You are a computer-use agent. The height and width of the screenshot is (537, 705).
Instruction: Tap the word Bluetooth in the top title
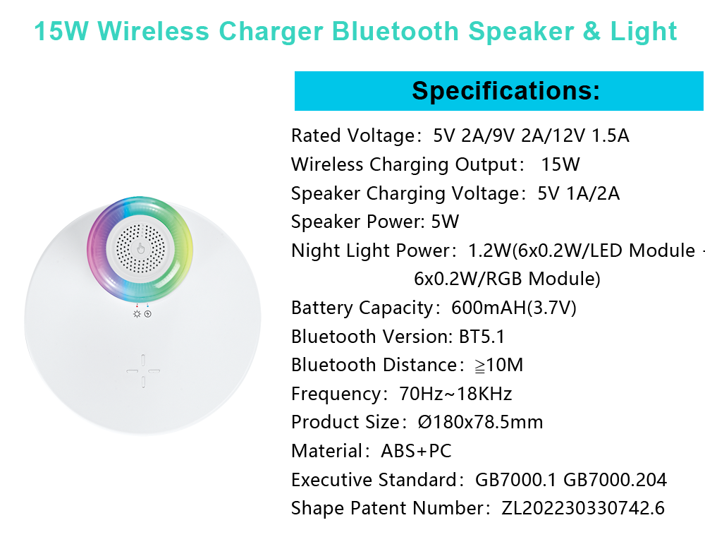pos(396,32)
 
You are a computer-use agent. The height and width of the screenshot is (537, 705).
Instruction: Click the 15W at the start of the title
pos(61,32)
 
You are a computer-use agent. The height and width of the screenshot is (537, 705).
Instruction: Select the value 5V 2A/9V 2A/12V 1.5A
pos(531,135)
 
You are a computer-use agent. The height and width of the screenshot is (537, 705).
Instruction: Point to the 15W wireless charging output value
pos(560,164)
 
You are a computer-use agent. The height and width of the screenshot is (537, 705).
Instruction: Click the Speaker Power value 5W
pos(445,222)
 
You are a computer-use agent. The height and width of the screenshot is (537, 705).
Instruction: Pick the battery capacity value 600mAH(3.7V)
pos(513,308)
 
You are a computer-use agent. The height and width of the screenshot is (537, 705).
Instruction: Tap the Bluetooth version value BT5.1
pos(482,337)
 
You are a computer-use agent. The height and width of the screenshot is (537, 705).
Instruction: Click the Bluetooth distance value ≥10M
pos(499,365)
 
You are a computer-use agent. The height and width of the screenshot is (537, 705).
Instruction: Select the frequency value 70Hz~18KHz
pos(455,394)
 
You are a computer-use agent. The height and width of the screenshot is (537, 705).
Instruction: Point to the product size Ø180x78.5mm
pos(480,422)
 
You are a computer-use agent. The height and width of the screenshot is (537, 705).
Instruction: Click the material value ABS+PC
pos(416,451)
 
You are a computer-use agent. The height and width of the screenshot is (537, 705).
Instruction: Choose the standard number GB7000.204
pos(615,480)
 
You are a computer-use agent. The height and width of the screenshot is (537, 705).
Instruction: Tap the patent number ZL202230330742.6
pos(583,508)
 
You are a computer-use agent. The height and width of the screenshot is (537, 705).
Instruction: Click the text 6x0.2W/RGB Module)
pos(507,279)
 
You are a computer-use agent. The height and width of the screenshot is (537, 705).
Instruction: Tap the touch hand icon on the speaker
pos(141,248)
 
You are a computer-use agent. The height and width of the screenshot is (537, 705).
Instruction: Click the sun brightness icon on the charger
pos(137,314)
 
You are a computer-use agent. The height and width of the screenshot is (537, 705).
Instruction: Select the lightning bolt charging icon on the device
pos(148,314)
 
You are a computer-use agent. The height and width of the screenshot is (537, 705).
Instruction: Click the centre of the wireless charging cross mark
pos(143,371)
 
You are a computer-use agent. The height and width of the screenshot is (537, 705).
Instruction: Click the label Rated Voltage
pos(353,135)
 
